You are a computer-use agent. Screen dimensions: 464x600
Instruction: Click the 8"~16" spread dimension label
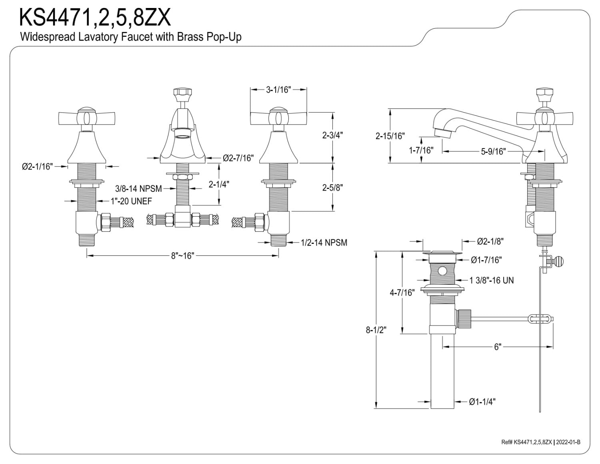(182, 256)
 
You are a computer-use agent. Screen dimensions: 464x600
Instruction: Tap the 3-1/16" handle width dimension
(278, 90)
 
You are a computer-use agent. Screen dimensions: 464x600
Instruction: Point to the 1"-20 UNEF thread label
(131, 201)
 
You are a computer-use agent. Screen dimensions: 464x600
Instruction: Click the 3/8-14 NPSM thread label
(138, 188)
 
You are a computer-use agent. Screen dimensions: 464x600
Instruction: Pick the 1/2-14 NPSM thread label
(324, 242)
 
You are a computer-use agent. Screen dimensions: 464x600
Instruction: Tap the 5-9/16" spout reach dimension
(493, 151)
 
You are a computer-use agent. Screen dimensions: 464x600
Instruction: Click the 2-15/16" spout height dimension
(390, 136)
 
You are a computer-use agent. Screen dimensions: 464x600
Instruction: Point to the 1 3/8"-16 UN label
(492, 280)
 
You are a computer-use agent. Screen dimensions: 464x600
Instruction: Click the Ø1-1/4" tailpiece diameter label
(482, 402)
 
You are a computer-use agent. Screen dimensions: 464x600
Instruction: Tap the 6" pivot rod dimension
(497, 347)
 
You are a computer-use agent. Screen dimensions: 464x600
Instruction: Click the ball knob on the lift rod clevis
(559, 261)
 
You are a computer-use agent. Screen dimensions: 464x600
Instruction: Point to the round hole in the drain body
(442, 271)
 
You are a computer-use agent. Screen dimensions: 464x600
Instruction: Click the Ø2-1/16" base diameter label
(37, 167)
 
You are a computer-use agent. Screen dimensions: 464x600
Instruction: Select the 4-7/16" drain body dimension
(402, 293)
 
